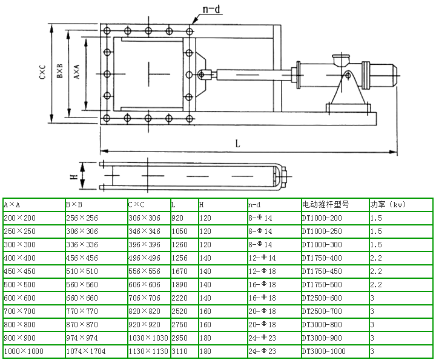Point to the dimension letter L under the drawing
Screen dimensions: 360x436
(238, 144)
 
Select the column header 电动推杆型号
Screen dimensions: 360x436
(325, 205)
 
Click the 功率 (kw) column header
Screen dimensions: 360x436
(388, 205)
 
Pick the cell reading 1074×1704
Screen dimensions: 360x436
(84, 352)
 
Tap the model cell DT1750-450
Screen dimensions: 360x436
(322, 272)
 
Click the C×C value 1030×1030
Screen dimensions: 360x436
(148, 338)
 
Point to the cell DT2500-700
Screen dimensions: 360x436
(322, 312)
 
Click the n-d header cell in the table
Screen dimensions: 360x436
(255, 205)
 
